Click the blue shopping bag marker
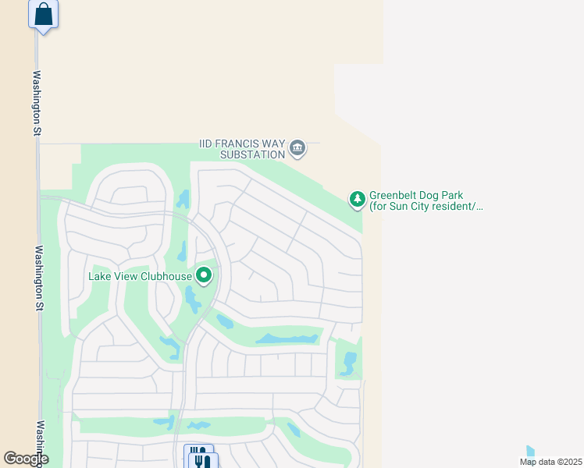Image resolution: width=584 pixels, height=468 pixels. pyautogui.click(x=44, y=14)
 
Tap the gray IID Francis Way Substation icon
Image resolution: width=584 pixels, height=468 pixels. pyautogui.click(x=297, y=147)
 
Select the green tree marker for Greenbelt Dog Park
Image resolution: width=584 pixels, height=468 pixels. pyautogui.click(x=358, y=199)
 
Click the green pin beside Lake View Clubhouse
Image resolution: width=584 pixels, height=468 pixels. pyautogui.click(x=204, y=275)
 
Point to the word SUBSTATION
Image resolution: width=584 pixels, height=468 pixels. pyautogui.click(x=251, y=154)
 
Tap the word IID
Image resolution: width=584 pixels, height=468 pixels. pyautogui.click(x=205, y=144)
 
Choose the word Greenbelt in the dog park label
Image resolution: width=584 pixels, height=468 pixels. pyautogui.click(x=395, y=195)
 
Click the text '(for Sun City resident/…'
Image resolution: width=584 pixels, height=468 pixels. pyautogui.click(x=426, y=207)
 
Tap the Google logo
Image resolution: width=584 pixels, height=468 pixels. pyautogui.click(x=25, y=459)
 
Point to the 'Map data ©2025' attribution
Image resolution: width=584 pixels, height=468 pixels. pyautogui.click(x=550, y=461)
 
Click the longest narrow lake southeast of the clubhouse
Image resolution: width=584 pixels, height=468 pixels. pyautogui.click(x=287, y=339)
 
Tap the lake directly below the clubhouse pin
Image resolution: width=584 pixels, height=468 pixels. pyautogui.click(x=192, y=299)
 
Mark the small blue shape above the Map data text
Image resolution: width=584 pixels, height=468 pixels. pyautogui.click(x=531, y=452)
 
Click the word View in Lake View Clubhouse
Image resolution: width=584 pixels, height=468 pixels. pyautogui.click(x=126, y=275)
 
